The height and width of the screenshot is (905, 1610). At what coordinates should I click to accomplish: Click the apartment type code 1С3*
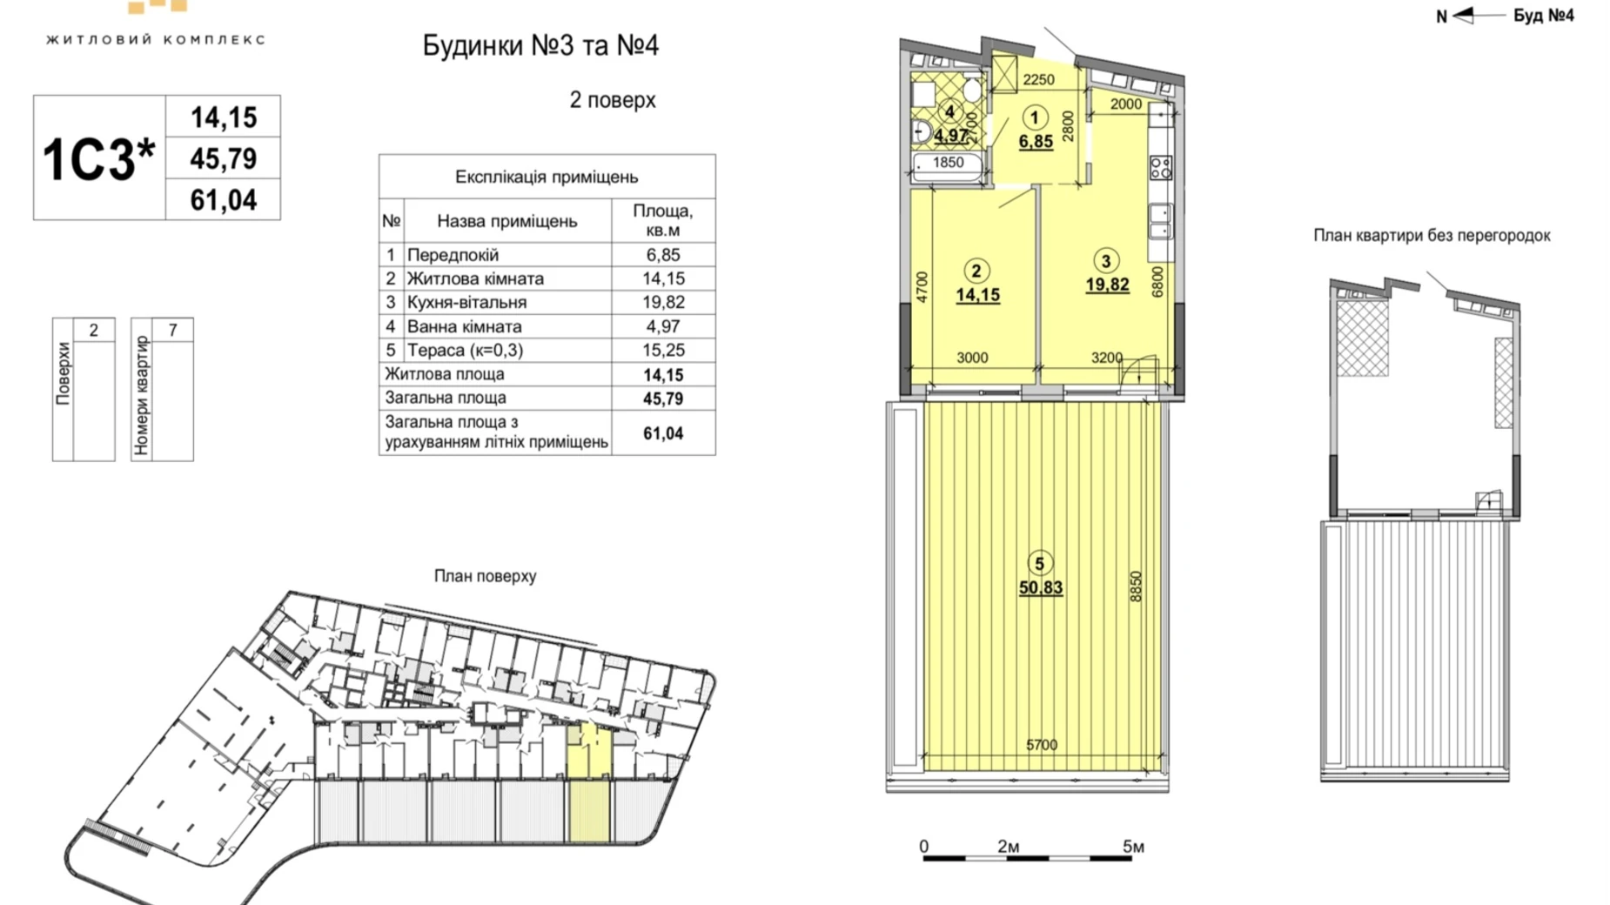pos(97,159)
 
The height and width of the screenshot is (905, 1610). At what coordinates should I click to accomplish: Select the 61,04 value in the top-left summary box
pos(224,200)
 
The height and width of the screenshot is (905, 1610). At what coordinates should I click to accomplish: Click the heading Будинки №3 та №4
pos(540,45)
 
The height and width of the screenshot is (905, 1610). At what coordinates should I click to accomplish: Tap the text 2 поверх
pos(612,100)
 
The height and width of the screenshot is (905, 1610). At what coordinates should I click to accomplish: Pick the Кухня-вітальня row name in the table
pos(466,303)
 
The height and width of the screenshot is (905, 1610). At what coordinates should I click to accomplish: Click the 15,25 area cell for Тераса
pos(662,350)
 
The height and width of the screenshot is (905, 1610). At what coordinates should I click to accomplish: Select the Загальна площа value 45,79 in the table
pos(662,399)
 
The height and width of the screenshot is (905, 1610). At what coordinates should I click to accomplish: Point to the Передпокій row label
pos(453,255)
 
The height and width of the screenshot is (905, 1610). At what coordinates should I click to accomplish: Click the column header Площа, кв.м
pos(662,220)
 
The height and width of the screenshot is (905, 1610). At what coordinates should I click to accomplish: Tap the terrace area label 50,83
pos(1041,588)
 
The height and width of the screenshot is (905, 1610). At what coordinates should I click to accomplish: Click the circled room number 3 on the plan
pos(1106,260)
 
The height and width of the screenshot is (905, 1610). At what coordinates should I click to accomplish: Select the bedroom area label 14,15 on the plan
pos(977,295)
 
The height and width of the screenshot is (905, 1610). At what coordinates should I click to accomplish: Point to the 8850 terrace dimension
pos(1135,587)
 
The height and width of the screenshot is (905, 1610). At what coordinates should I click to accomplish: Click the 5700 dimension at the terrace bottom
pos(1041,745)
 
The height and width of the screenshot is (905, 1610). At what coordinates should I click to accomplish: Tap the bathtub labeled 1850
pos(948,165)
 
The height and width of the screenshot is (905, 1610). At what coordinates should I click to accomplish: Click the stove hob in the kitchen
pos(1161,167)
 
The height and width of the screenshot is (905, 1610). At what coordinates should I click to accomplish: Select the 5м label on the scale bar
pos(1132,846)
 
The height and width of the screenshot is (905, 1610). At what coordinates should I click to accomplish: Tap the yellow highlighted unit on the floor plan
pos(589,783)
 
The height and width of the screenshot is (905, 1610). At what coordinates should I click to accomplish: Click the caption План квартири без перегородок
pos(1432,236)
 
